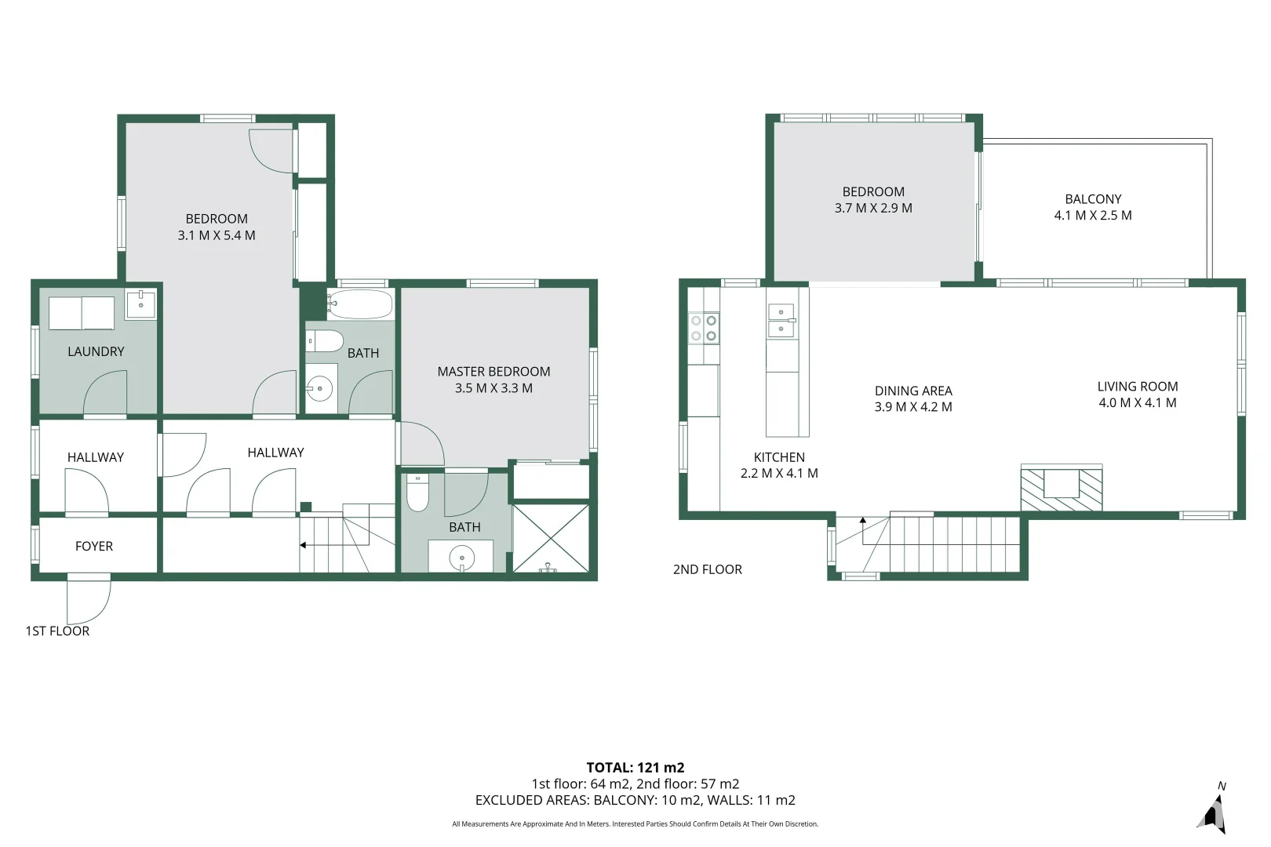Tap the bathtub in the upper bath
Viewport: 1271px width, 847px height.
click(x=360, y=304)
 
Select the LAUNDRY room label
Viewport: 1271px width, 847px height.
click(x=96, y=351)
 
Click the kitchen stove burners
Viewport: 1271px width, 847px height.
click(x=703, y=328)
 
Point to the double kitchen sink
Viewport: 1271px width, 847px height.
click(x=781, y=321)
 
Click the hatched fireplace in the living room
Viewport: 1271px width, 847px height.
click(x=1061, y=489)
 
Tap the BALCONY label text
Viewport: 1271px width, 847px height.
click(x=1093, y=199)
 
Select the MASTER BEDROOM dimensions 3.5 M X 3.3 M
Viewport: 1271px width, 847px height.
click(x=493, y=388)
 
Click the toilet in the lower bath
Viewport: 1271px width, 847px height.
click(x=417, y=492)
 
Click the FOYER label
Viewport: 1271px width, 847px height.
click(x=94, y=547)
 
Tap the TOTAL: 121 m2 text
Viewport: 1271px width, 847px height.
click(x=635, y=768)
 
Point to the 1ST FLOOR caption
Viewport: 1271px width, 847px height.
click(x=57, y=631)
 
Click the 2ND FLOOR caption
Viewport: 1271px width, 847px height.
click(x=707, y=569)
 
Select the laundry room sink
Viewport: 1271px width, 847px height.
click(x=140, y=304)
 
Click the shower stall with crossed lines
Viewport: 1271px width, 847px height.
click(x=550, y=538)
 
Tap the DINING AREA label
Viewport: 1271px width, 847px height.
click(x=913, y=391)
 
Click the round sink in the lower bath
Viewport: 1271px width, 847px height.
click(x=461, y=558)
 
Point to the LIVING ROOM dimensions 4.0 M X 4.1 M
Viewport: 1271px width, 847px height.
click(x=1138, y=403)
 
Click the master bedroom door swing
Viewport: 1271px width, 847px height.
click(x=422, y=444)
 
